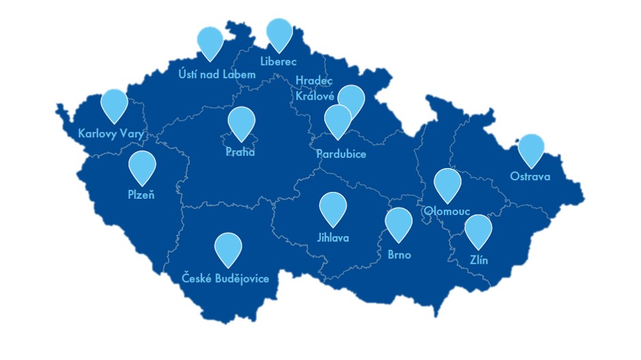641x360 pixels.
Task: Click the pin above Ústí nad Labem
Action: pos(210,41)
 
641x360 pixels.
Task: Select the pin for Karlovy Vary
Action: pos(114,104)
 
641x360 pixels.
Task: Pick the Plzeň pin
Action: pos(142,166)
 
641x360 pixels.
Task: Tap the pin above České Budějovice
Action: pos(228,248)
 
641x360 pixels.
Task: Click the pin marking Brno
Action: pos(399,223)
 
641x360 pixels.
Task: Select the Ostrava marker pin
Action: pos(531,149)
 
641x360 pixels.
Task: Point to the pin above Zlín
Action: pos(479,230)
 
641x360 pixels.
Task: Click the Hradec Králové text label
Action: pos(315,88)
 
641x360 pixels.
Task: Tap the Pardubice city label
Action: pos(341,154)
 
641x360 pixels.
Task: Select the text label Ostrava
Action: pos(530,177)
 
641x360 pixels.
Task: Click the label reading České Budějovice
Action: pos(225,279)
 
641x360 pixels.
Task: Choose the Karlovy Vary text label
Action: pos(111,134)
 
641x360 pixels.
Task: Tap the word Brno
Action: pos(399,255)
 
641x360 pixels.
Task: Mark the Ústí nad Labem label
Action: pos(216,74)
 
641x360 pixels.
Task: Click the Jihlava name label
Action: pos(333,238)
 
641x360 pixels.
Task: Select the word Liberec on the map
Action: pos(279,61)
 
